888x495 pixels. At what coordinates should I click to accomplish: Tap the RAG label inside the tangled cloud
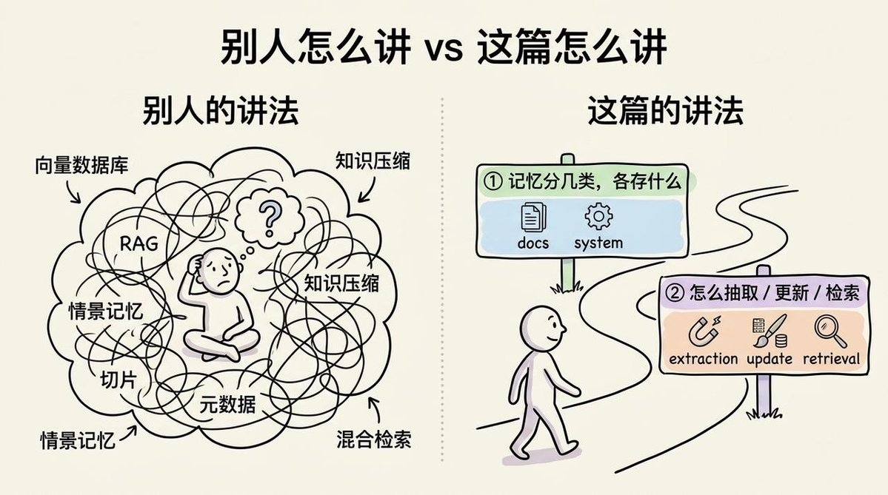tap(139, 244)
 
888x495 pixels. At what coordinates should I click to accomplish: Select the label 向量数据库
tap(81, 164)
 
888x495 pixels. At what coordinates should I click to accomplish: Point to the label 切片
tap(118, 380)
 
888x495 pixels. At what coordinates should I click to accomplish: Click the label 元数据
tap(227, 404)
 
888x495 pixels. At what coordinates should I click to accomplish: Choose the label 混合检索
tap(374, 439)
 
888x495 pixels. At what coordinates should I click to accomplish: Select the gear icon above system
tap(598, 216)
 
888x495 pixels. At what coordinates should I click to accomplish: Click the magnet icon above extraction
tap(704, 331)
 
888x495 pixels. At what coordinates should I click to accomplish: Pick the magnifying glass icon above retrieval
tap(831, 331)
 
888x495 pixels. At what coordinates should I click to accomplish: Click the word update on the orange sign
tap(769, 359)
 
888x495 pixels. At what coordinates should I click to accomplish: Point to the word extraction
tap(704, 359)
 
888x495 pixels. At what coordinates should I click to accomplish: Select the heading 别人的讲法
tap(220, 110)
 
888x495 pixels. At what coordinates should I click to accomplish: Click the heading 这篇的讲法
tap(665, 110)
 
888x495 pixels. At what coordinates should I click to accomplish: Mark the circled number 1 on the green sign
tap(493, 181)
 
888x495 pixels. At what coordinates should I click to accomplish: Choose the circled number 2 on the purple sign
tap(675, 293)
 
